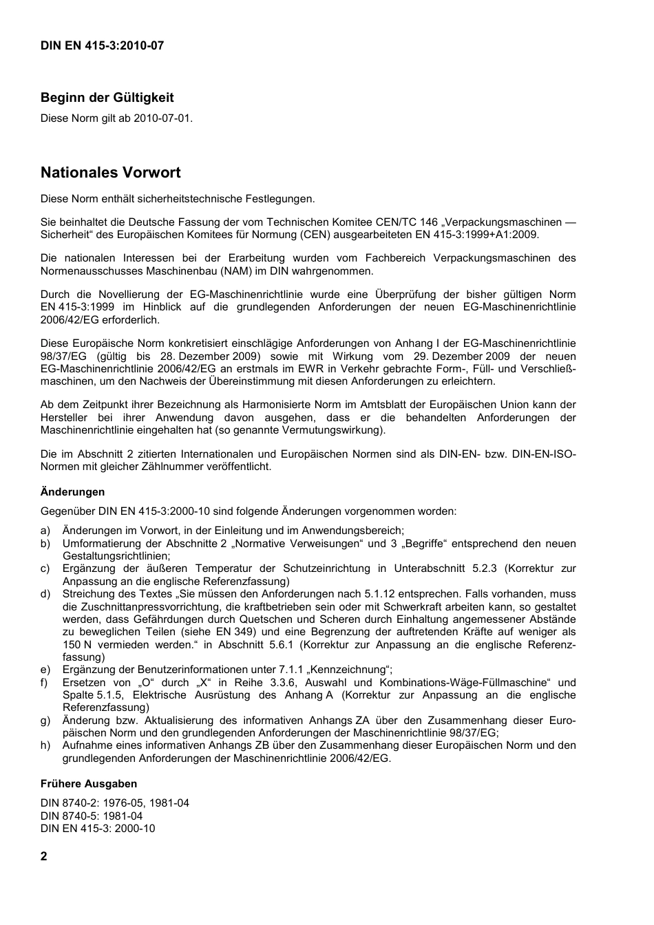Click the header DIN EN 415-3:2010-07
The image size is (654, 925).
[x=102, y=46]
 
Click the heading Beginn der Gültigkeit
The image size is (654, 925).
[x=107, y=98]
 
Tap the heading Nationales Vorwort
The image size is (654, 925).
[x=110, y=173]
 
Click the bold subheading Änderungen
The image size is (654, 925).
[x=72, y=492]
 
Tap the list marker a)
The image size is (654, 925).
[x=45, y=531]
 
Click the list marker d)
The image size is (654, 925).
[x=45, y=594]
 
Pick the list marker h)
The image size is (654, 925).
[x=45, y=745]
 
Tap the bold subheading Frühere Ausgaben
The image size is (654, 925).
[x=88, y=784]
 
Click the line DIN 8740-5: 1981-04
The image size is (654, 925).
[x=92, y=816]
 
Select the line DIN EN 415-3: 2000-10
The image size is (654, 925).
[x=98, y=829]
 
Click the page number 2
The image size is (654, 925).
[x=44, y=857]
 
